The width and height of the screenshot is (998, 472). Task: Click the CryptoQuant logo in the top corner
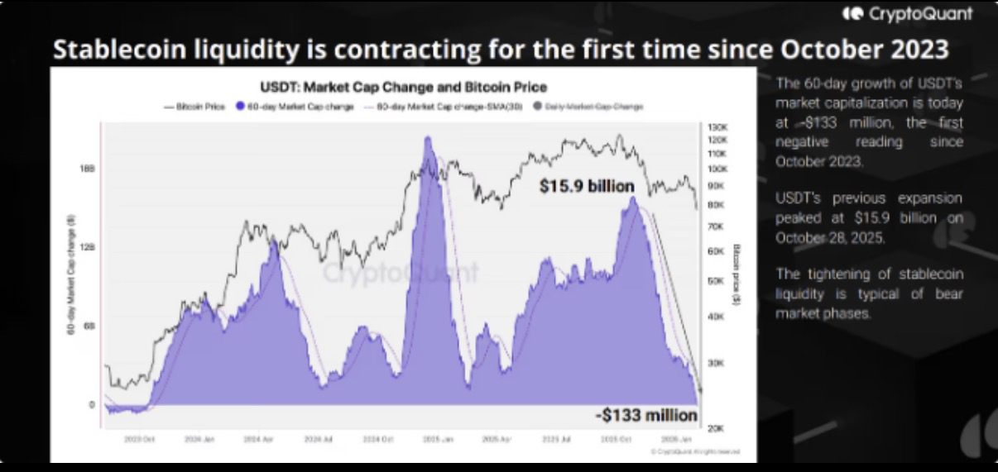coord(907,14)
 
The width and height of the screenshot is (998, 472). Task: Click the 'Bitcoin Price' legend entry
coord(196,107)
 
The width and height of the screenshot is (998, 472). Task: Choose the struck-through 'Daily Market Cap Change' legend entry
coord(593,107)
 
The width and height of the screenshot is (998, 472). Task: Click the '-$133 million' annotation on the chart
coord(646,415)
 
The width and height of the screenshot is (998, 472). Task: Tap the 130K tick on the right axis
coord(717,127)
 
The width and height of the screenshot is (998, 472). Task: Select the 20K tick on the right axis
coord(717,428)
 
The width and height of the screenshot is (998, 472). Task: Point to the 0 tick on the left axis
coord(92,405)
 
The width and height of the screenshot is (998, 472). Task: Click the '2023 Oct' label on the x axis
coord(138,441)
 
